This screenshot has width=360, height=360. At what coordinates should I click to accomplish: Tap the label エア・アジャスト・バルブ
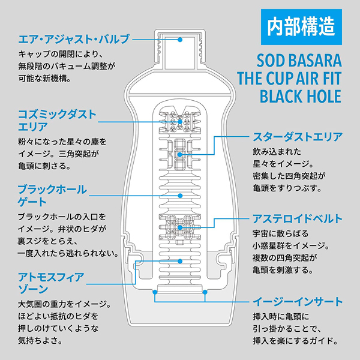pos(74,40)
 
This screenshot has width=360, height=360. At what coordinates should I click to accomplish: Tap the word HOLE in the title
pos(322,97)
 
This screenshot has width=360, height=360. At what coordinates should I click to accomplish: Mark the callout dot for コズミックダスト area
pos(180,120)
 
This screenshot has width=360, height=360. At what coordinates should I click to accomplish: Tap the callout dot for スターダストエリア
pos(180,155)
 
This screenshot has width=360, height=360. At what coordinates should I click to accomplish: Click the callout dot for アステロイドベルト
pos(180,228)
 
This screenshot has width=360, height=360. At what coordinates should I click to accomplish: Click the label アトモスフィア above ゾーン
pos(50,277)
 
